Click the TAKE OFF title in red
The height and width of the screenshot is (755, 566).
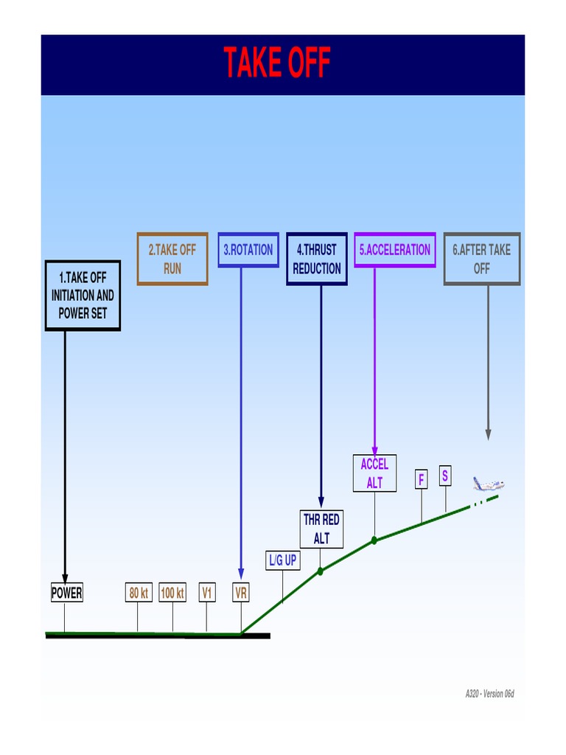[x=277, y=63]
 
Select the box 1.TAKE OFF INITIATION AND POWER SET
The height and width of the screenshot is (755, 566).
[x=83, y=295]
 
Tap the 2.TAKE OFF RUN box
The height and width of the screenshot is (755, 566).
[x=172, y=259]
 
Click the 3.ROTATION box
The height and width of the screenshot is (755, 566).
[x=248, y=250]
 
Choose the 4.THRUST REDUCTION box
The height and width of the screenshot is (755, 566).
[x=317, y=259]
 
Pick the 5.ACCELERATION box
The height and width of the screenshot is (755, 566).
[x=395, y=250]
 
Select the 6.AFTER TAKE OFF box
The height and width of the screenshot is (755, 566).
[x=482, y=259]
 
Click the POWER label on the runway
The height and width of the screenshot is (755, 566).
[x=66, y=593]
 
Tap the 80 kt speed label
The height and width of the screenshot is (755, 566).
[x=139, y=593]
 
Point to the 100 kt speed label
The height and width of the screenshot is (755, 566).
[x=172, y=593]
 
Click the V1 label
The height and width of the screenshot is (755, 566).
[x=208, y=593]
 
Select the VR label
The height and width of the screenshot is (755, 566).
[x=241, y=593]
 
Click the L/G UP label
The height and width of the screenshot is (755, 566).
[x=282, y=560]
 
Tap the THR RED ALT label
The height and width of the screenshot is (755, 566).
[x=321, y=529]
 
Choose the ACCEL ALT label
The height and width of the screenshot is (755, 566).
[x=374, y=473]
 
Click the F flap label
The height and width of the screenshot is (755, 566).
[x=422, y=480]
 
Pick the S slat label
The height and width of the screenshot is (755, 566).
[x=445, y=476]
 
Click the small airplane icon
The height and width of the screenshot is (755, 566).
[x=488, y=484]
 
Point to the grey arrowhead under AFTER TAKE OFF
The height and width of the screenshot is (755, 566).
[x=488, y=435]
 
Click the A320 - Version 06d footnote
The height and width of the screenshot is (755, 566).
[x=489, y=694]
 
